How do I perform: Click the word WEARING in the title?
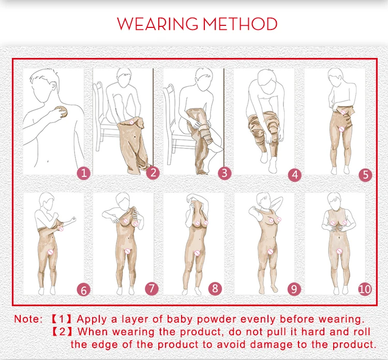[x=158, y=24]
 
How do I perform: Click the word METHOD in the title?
[x=240, y=24]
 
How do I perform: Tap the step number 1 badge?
[x=84, y=173]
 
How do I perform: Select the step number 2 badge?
[x=153, y=172]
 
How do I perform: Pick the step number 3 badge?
[x=225, y=173]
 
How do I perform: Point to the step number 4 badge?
[x=295, y=175]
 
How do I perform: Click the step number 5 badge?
[x=365, y=175]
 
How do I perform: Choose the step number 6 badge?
[x=84, y=290]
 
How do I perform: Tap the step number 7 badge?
[x=152, y=289]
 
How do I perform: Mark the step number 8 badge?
[x=215, y=289]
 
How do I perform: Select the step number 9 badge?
[x=294, y=289]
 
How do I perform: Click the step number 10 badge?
[x=365, y=289]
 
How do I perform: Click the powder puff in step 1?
[x=62, y=112]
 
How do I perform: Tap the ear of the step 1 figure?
[x=53, y=85]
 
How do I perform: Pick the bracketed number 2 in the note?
[x=62, y=332]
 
